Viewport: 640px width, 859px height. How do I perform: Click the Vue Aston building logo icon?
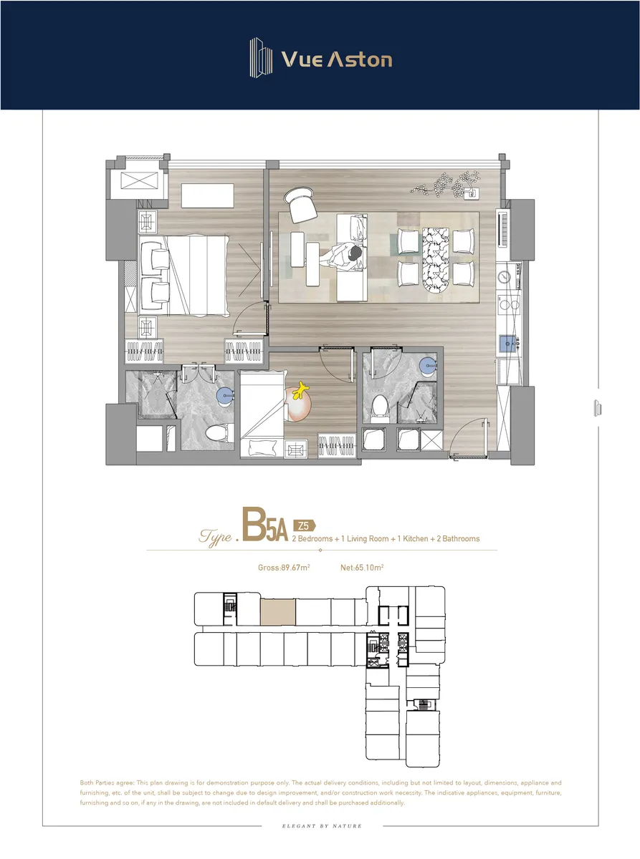(x=261, y=58)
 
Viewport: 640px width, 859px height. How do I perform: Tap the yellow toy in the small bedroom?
(x=300, y=391)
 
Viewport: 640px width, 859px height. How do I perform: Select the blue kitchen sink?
(x=507, y=343)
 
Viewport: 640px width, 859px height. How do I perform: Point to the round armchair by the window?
(x=300, y=205)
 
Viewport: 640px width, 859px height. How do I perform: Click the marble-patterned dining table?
(x=435, y=260)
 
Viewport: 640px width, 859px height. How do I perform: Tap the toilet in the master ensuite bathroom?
(x=219, y=432)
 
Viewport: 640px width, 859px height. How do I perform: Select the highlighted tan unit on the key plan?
(x=278, y=612)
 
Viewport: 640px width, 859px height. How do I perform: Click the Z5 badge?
(x=305, y=525)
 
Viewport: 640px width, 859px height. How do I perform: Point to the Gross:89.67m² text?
(x=284, y=568)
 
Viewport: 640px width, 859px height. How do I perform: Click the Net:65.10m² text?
(x=362, y=568)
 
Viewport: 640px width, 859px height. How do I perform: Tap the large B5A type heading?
(x=265, y=524)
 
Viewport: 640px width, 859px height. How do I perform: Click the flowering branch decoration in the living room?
(x=445, y=185)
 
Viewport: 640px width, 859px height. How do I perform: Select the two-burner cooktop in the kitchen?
(x=510, y=304)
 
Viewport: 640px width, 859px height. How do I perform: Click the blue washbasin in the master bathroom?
(x=226, y=396)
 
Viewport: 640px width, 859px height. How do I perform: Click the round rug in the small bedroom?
(x=297, y=404)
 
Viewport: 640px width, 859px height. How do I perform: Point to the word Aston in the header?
(x=360, y=59)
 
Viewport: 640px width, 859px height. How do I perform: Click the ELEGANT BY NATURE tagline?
(x=322, y=825)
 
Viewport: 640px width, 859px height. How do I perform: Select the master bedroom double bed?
(x=184, y=275)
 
